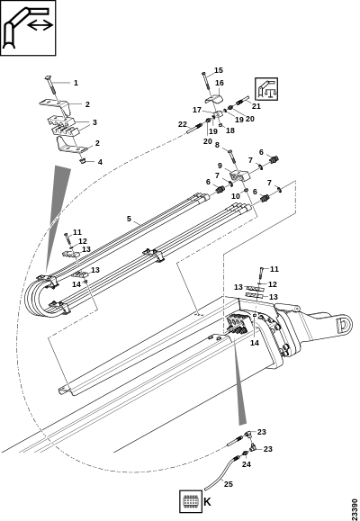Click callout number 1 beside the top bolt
[x=76, y=83]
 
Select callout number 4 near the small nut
[x=100, y=162]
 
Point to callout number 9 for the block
[x=220, y=166]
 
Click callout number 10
[x=235, y=196]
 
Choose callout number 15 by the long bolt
[x=219, y=70]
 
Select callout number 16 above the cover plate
[x=220, y=83]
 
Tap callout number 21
[x=256, y=106]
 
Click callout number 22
[x=183, y=124]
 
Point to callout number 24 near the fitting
[x=247, y=464]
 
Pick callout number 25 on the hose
[x=229, y=484]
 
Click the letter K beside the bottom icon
[x=207, y=502]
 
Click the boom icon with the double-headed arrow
[x=28, y=28]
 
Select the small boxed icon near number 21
[x=266, y=89]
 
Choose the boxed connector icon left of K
[x=191, y=501]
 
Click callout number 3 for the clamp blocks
[x=94, y=122]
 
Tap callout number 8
[x=218, y=145]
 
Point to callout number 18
[x=230, y=130]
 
